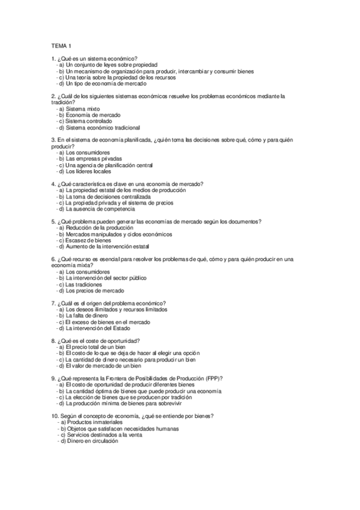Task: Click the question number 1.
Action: [54, 58]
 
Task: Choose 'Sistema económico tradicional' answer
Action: [103, 127]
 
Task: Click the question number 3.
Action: [54, 140]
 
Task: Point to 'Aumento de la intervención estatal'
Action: [108, 247]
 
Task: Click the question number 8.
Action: [54, 341]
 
